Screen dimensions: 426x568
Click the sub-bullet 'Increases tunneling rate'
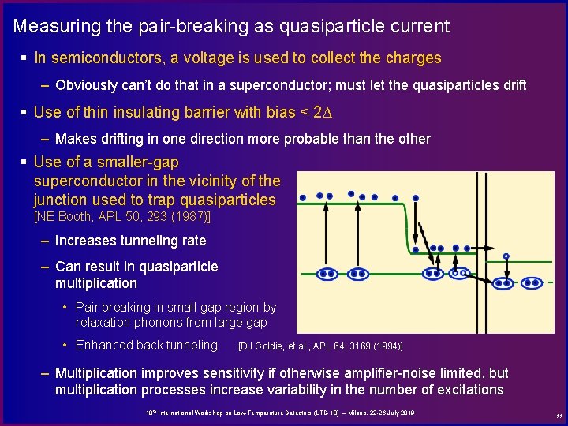[130, 241]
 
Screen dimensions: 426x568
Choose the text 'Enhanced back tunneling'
[146, 345]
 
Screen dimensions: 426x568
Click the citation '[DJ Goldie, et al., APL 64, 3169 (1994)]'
[320, 346]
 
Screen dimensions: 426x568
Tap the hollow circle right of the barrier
[506, 256]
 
